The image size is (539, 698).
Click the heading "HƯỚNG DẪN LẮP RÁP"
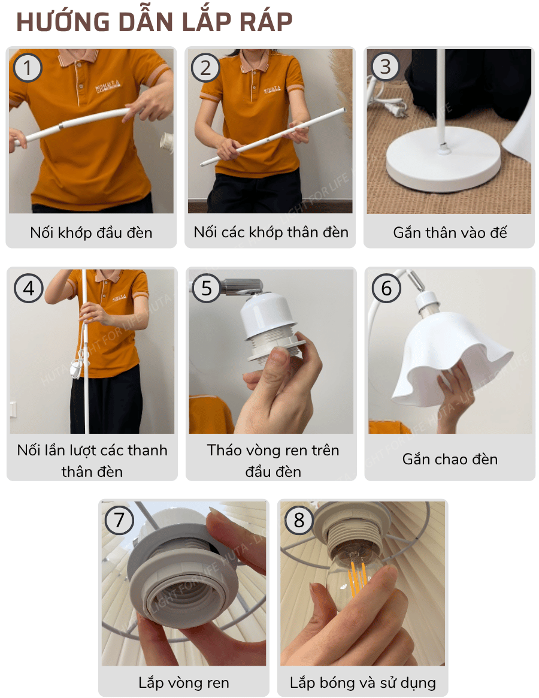[154, 22]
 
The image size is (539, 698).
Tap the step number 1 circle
[27, 68]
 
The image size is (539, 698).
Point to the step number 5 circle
[207, 288]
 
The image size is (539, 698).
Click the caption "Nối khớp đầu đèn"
[91, 232]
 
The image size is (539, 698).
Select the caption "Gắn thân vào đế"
[449, 232]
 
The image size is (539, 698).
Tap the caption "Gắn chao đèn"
[449, 459]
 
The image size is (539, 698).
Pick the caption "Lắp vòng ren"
[183, 682]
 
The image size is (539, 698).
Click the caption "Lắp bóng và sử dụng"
[362, 682]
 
